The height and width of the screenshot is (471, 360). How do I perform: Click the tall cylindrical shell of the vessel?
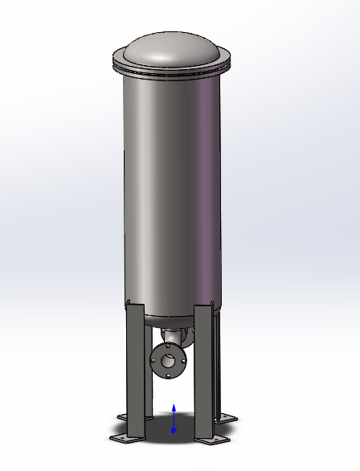(x=170, y=185)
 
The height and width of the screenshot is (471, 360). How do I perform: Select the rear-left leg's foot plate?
(x=124, y=416)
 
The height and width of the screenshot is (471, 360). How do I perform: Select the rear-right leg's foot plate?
(x=227, y=417)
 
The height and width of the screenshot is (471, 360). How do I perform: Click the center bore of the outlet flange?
(x=168, y=360)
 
